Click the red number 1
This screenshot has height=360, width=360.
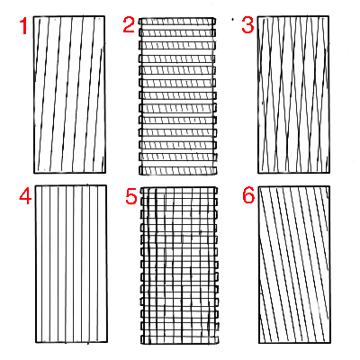pos(23,26)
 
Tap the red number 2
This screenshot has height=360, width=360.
pos(129,24)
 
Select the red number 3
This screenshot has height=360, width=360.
pos(247,24)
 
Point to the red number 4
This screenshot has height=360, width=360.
pos(25,197)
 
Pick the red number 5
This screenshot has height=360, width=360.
pos(131,197)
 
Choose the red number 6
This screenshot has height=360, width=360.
pos(248,195)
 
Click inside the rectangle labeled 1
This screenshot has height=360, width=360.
pos(69,94)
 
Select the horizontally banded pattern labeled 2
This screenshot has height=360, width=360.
pos(177,96)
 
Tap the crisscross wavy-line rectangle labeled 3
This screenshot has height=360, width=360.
pos(293,94)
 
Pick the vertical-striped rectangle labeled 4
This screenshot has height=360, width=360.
pos(71,264)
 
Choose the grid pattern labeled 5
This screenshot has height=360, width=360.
pos(179,265)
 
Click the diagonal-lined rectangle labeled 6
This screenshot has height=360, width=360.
pos(294,265)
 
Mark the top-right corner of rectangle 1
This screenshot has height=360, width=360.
pos(104,16)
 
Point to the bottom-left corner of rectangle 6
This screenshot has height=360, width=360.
pos(259,343)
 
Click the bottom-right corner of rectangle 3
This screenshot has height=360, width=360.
pos(328,173)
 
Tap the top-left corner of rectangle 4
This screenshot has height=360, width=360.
pos(35,185)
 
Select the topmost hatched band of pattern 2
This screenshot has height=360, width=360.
pos(177,22)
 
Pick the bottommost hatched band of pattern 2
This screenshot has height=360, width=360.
pos(177,171)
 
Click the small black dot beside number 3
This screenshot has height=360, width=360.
pos(233,20)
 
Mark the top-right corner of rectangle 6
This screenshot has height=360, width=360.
pos(329,186)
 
